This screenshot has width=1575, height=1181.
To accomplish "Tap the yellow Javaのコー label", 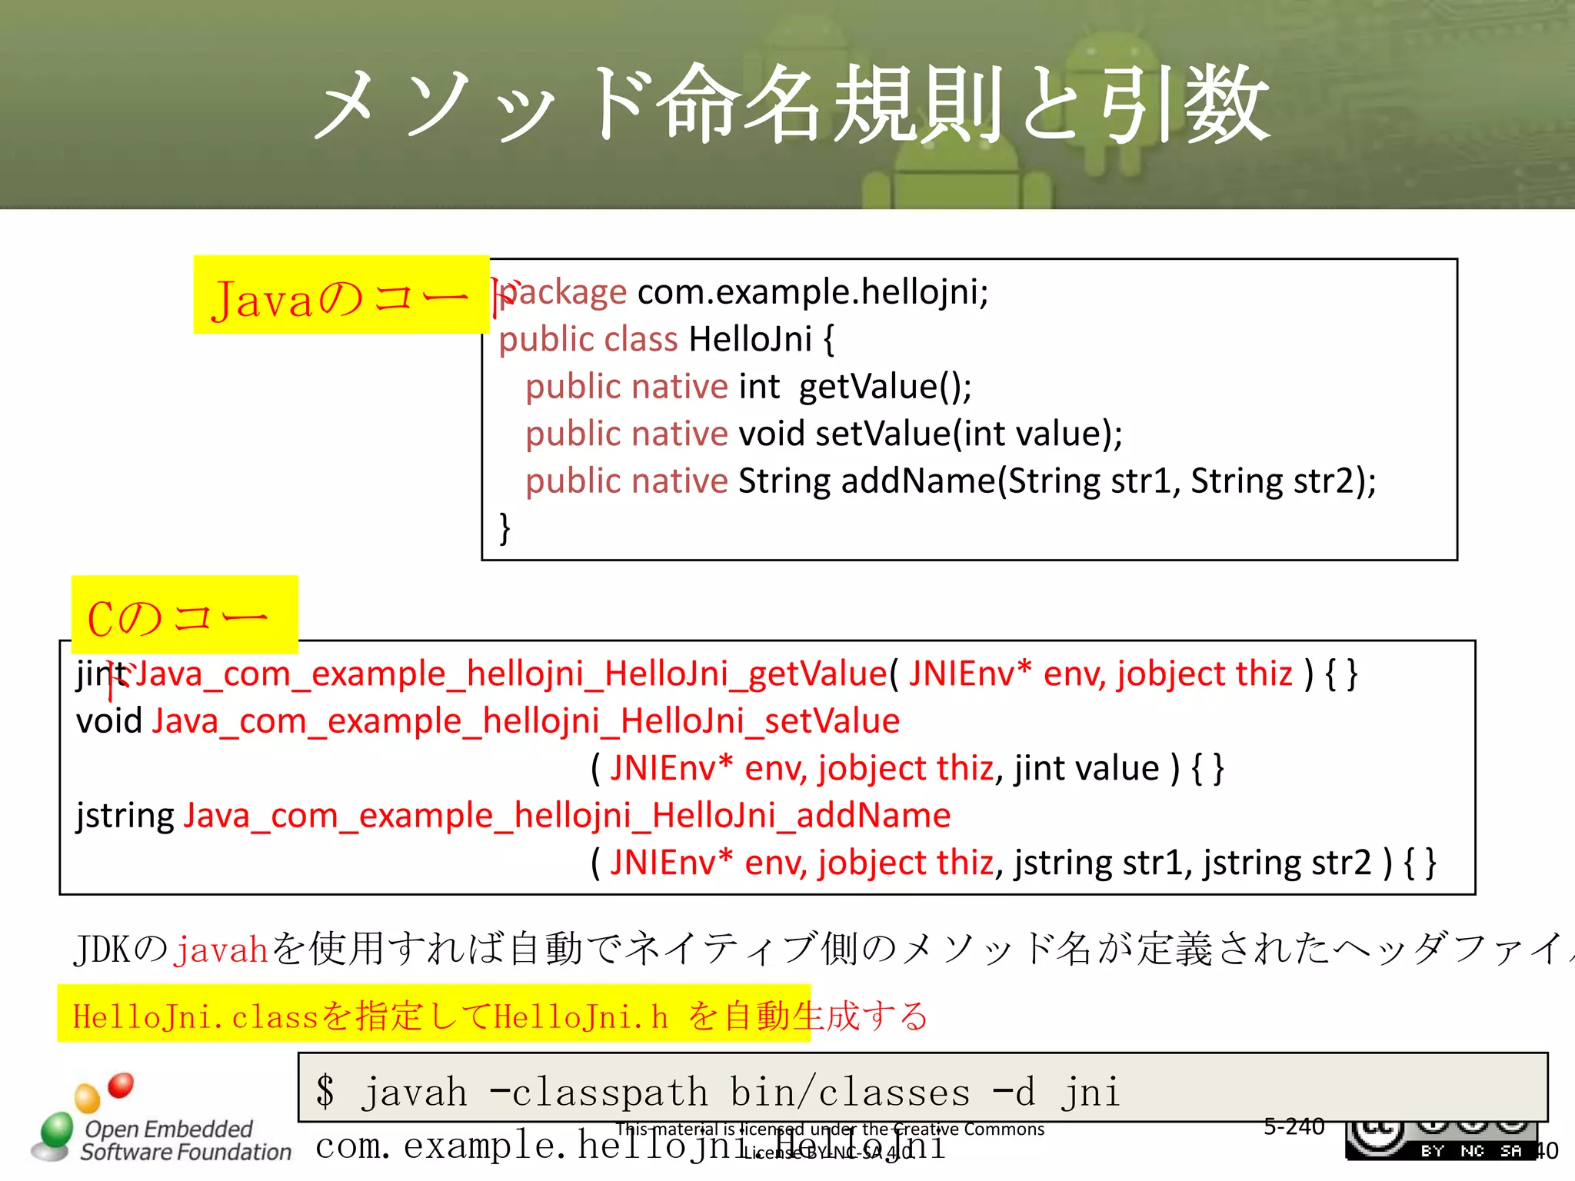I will pyautogui.click(x=340, y=296).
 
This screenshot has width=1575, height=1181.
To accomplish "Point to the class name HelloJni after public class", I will pyautogui.click(x=750, y=339).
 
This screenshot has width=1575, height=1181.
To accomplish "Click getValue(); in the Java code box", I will pyautogui.click(x=884, y=386).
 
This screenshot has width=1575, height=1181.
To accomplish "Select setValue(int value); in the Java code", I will pyautogui.click(x=968, y=434).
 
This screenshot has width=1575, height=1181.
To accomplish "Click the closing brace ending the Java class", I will pyautogui.click(x=504, y=528).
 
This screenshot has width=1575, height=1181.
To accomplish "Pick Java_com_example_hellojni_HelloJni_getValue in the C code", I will pyautogui.click(x=511, y=674).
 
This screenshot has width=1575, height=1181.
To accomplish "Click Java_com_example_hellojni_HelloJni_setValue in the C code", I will pyautogui.click(x=526, y=722).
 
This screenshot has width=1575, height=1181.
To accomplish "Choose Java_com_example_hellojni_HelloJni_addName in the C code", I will pyautogui.click(x=567, y=816).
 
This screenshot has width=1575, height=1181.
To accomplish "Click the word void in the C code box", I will pyautogui.click(x=109, y=722).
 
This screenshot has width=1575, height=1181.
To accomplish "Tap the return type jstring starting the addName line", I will pyautogui.click(x=125, y=816).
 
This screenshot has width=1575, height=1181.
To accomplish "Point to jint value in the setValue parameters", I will pyautogui.click(x=1086, y=769).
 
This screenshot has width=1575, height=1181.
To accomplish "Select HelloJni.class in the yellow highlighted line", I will pyautogui.click(x=195, y=1017).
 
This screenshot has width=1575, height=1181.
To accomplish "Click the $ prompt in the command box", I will pyautogui.click(x=325, y=1092).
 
